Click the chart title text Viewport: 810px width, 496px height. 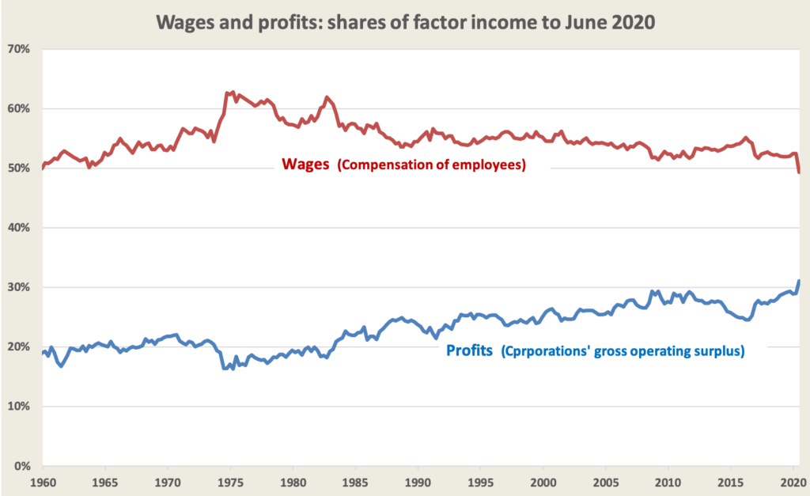[x=405, y=21]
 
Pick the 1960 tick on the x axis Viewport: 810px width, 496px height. [x=42, y=481]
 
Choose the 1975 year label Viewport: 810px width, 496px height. [x=230, y=481]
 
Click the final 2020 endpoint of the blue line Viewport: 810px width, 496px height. [x=799, y=281]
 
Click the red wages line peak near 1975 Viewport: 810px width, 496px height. [x=232, y=93]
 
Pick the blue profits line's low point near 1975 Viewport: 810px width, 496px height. [x=225, y=368]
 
